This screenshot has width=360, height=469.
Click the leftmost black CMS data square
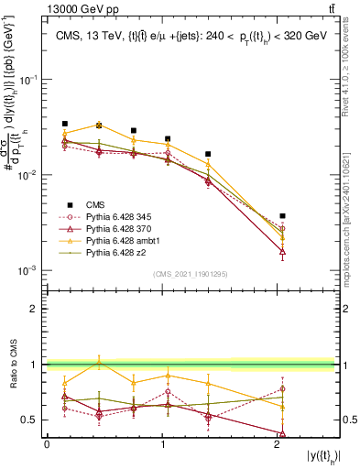tap(65, 124)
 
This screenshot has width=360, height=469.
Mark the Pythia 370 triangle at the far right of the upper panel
tap(283, 250)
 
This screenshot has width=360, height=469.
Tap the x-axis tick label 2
tap(278, 444)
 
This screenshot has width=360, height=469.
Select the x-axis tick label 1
tap(162, 444)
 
